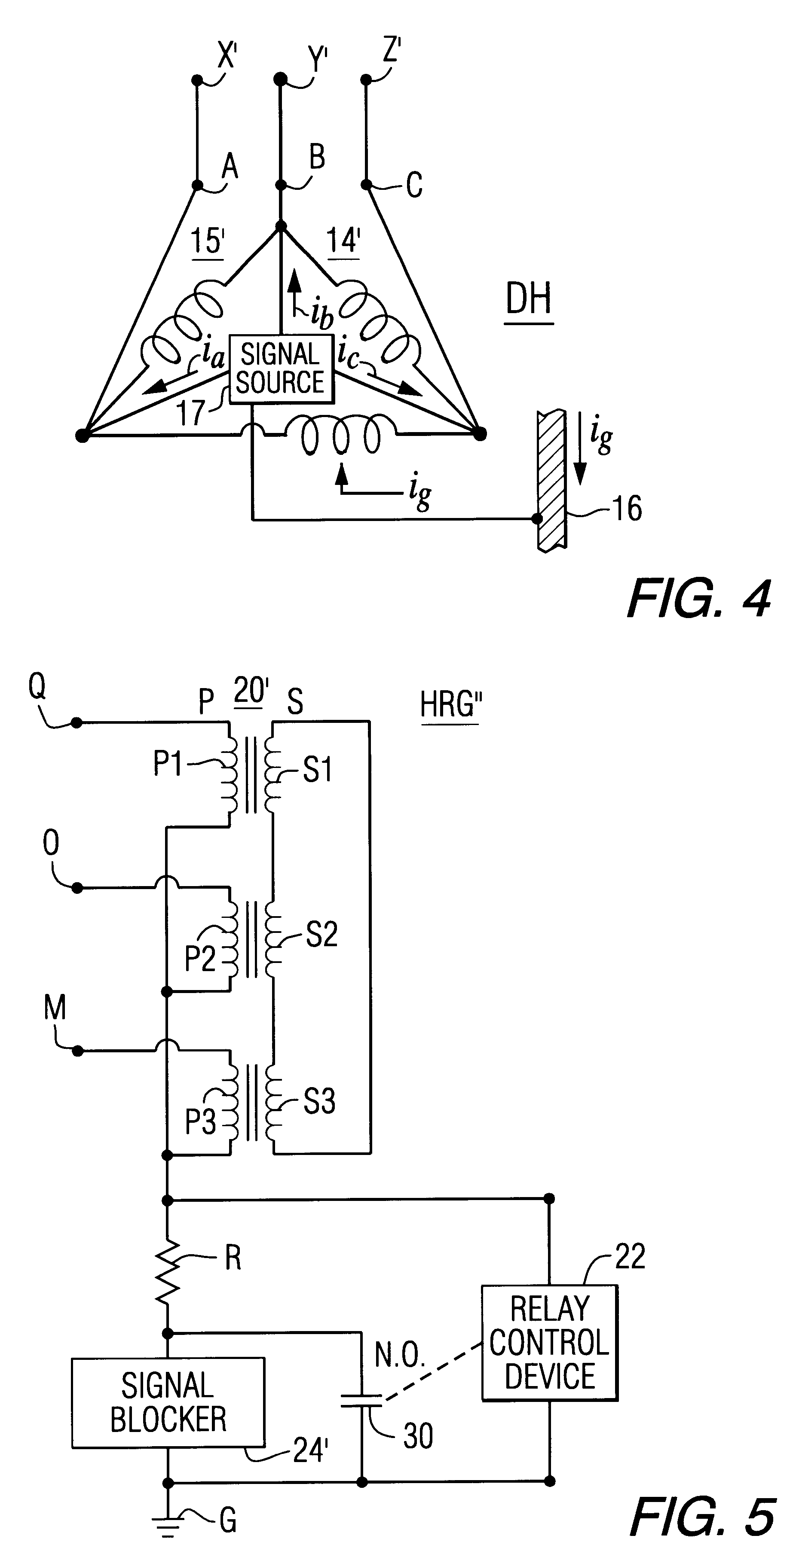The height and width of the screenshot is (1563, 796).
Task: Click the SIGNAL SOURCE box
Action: tap(281, 368)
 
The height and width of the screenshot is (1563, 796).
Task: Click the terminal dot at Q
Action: tap(77, 722)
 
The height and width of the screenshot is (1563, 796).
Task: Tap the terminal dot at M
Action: tap(78, 1051)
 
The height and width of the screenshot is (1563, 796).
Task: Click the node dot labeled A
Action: tap(197, 184)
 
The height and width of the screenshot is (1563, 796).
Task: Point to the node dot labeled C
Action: tap(366, 184)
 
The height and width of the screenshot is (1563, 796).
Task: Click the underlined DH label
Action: tap(528, 301)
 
